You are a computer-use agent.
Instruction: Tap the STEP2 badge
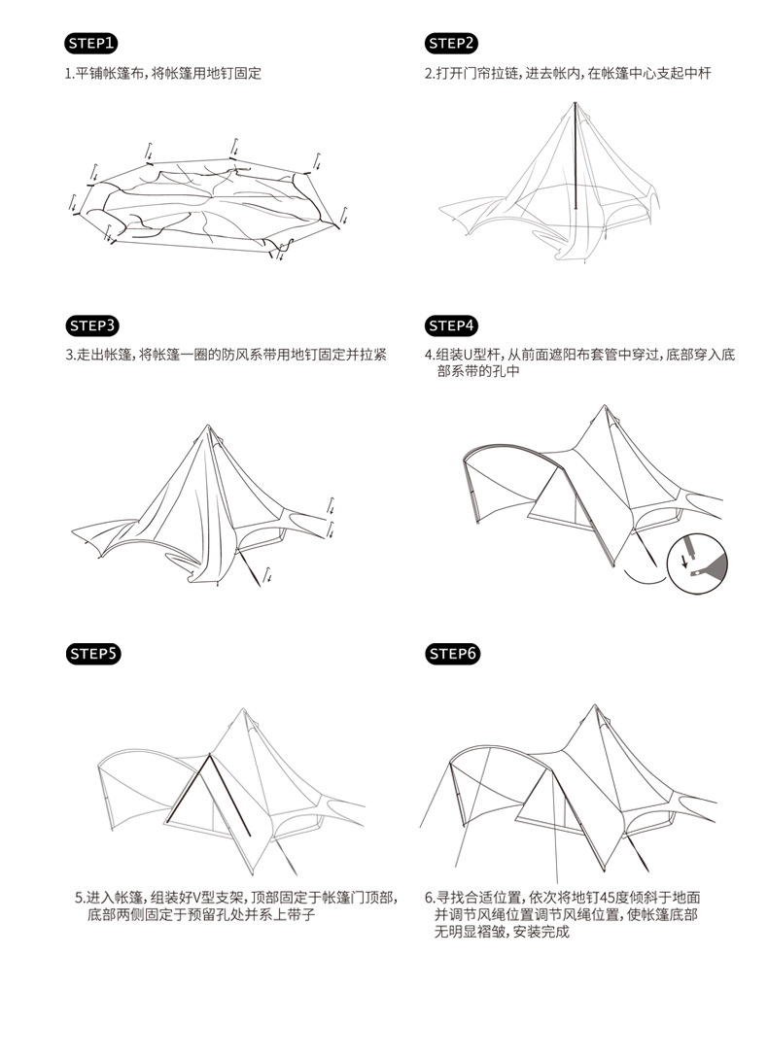(452, 43)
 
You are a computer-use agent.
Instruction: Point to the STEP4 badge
(452, 325)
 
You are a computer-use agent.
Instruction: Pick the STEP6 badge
(452, 653)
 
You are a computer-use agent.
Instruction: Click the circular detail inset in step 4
(701, 564)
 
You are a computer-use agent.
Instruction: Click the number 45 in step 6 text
(600, 898)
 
